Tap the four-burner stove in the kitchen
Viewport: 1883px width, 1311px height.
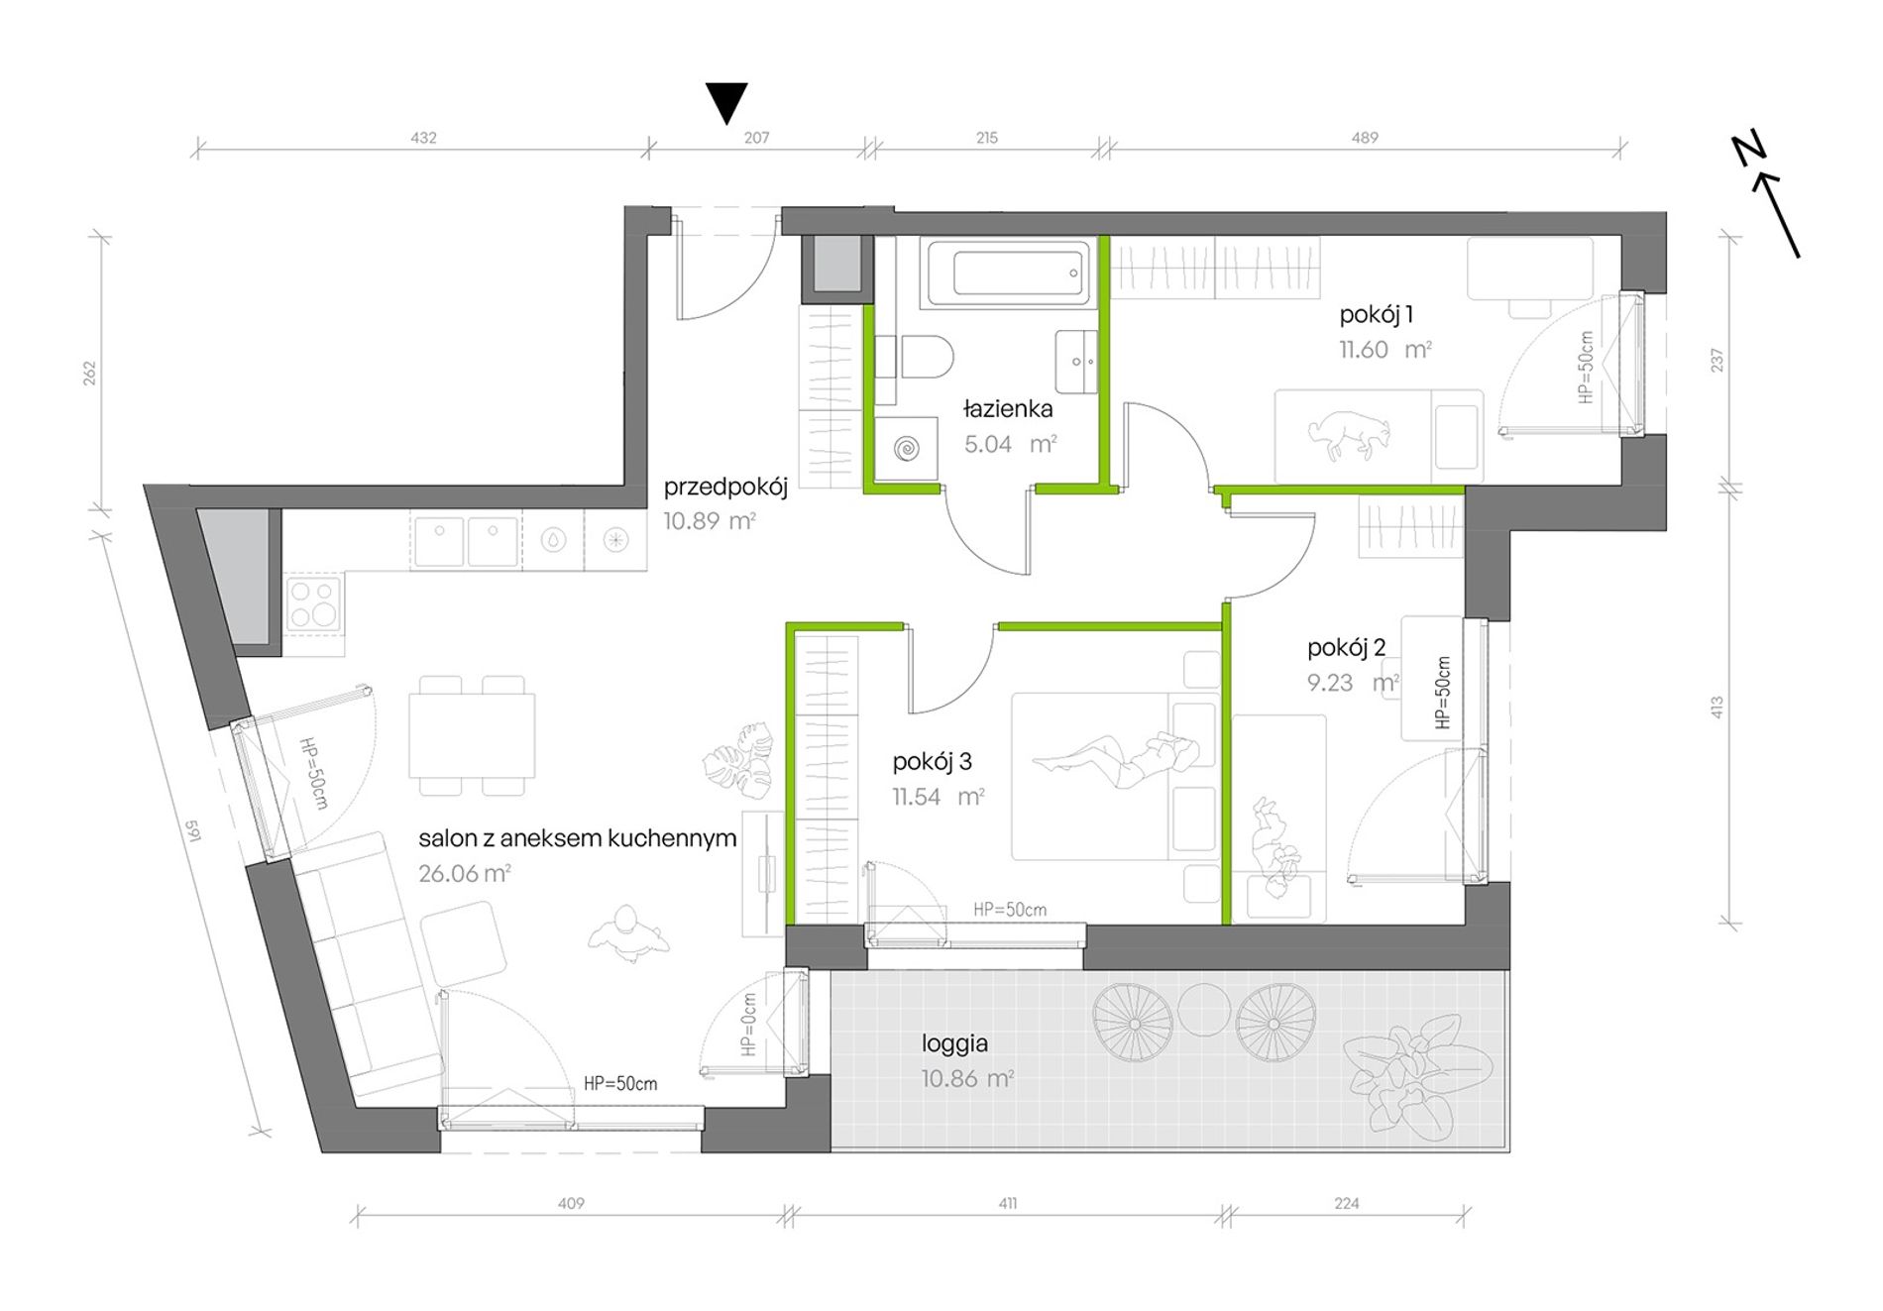[x=314, y=603]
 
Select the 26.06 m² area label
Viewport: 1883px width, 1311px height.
[x=465, y=873]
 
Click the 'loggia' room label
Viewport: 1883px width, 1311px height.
[x=954, y=1043]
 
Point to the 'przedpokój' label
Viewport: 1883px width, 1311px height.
[x=725, y=488]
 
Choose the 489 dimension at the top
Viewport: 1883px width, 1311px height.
[x=1365, y=138]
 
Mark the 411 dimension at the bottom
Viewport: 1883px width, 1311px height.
[x=1007, y=1204]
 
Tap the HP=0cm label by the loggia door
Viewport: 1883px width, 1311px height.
[x=749, y=1025]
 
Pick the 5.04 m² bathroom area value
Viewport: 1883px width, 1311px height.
[x=1010, y=444]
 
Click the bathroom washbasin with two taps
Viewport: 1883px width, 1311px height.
[x=1076, y=362]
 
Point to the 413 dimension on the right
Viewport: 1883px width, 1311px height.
[x=1717, y=708]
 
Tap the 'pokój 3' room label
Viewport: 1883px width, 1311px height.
[x=932, y=761]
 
